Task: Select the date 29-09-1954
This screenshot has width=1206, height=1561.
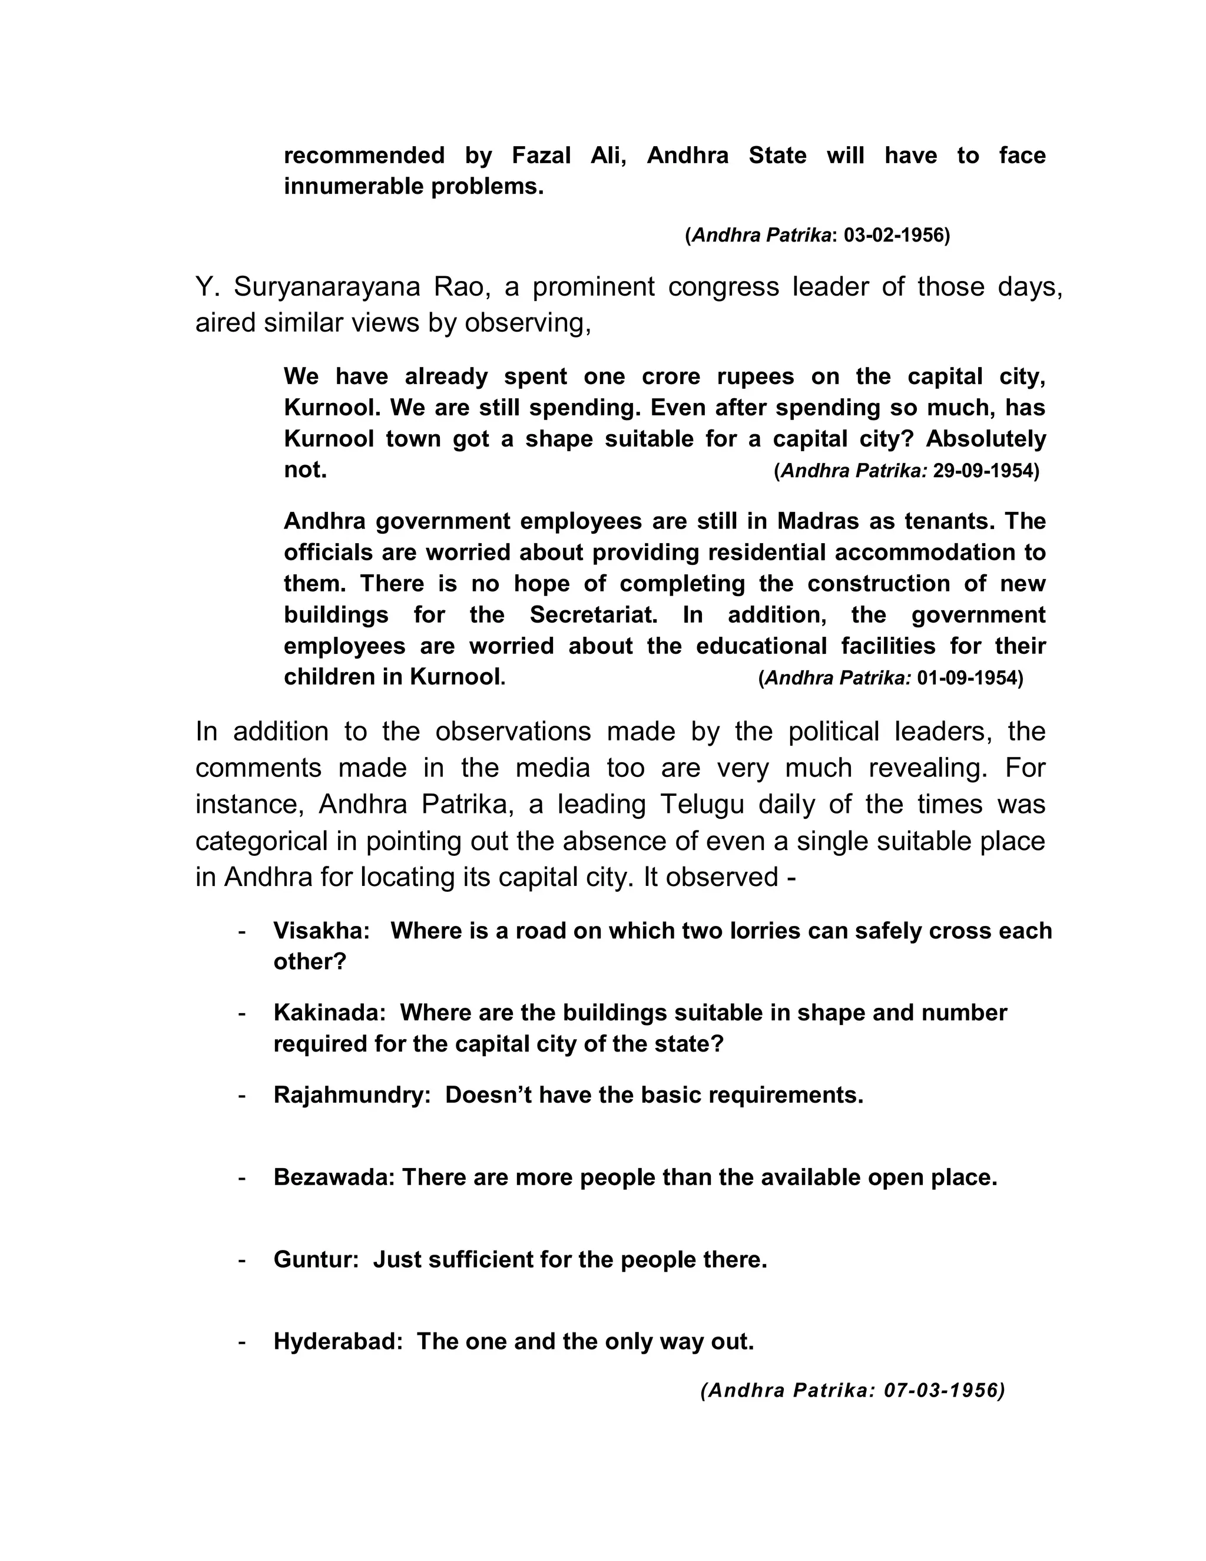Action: [x=984, y=471]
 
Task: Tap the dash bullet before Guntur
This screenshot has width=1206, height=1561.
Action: [x=242, y=1260]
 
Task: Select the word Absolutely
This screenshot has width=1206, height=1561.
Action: [x=986, y=438]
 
